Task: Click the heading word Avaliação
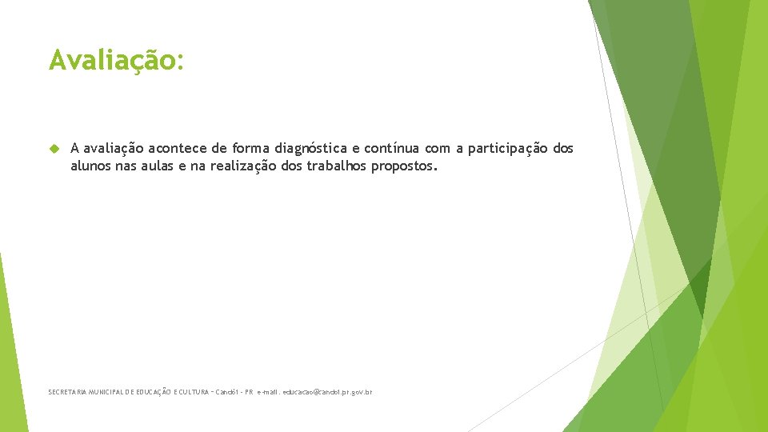pos(116,60)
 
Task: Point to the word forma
pos(251,148)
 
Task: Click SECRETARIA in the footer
pos(66,393)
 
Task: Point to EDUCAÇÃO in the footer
pos(157,393)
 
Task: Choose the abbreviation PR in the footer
pos(249,393)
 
